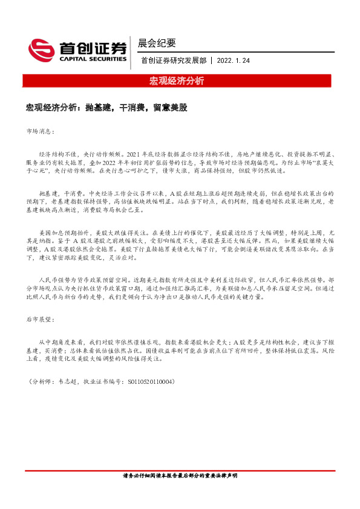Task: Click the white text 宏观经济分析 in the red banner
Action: [x=177, y=80]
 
